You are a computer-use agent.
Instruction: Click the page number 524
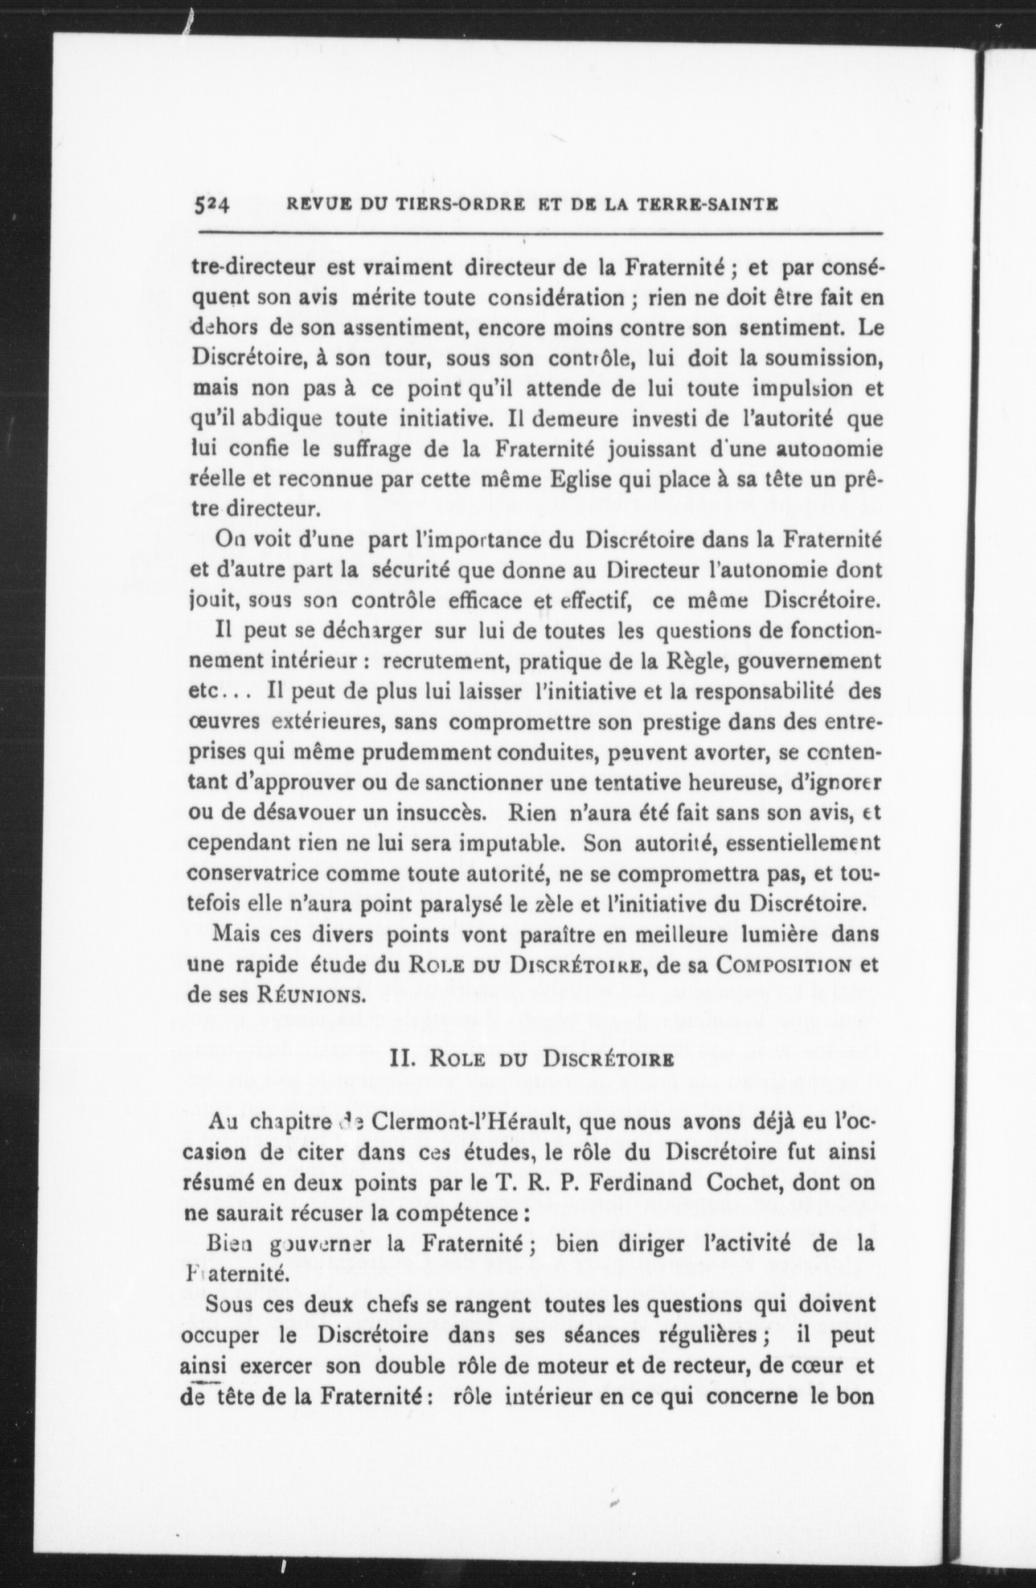[x=212, y=205]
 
